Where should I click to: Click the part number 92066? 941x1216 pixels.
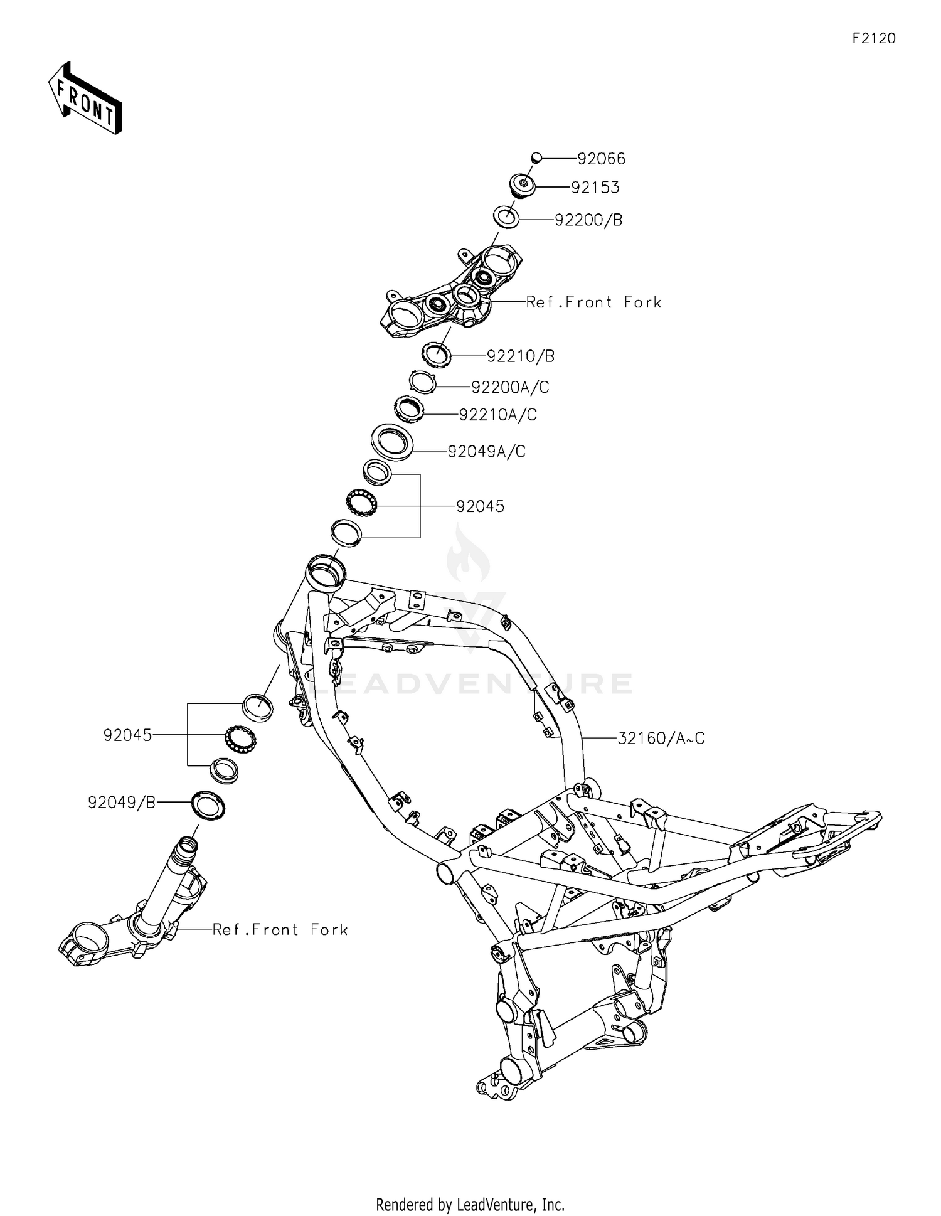[601, 159]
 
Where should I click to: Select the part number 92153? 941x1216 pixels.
[595, 188]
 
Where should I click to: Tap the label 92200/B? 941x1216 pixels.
[588, 220]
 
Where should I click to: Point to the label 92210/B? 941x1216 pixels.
[521, 356]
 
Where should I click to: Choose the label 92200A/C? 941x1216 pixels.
[510, 387]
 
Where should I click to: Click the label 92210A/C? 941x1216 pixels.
[498, 415]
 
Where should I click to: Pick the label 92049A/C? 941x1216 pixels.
[486, 451]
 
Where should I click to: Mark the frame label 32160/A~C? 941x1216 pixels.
[661, 738]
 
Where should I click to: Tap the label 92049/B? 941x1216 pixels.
[122, 802]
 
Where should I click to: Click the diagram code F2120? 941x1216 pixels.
[874, 38]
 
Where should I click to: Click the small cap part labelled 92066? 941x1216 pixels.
[536, 157]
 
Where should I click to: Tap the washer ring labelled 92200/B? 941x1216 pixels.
[506, 218]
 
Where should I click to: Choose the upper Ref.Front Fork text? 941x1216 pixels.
[593, 302]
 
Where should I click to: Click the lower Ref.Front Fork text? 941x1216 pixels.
[280, 929]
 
